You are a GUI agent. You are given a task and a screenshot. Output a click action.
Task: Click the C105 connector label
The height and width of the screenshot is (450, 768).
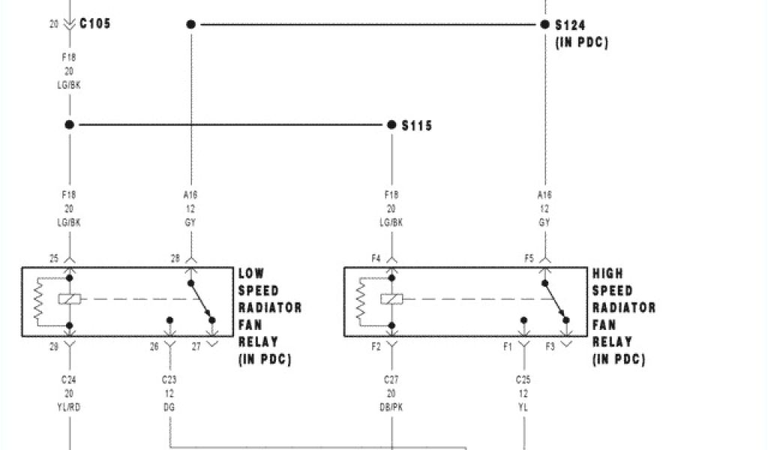[x=94, y=24]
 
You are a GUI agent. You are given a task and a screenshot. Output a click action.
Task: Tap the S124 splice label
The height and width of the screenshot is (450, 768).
[x=571, y=25]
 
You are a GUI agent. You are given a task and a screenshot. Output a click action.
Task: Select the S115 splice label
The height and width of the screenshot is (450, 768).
[x=417, y=126]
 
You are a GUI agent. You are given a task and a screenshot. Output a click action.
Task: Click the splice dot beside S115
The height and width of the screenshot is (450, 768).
[x=391, y=124]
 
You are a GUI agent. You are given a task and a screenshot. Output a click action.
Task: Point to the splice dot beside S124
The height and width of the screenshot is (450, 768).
[x=544, y=25]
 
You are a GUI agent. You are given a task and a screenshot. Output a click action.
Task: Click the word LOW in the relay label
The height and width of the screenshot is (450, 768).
[x=252, y=274]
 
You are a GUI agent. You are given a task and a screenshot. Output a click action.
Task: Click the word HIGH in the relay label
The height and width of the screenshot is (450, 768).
[x=607, y=274]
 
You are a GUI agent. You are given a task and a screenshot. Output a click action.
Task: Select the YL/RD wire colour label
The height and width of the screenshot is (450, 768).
[x=70, y=407]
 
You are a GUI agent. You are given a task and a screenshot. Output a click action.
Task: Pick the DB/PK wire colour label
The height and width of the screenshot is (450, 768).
[x=391, y=407]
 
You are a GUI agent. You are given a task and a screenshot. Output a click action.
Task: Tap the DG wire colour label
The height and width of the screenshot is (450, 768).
[x=170, y=407]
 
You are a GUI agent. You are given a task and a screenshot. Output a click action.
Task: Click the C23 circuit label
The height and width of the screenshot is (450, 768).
[x=170, y=379]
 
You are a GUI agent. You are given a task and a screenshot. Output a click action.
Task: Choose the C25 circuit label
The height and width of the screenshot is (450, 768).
[x=523, y=379]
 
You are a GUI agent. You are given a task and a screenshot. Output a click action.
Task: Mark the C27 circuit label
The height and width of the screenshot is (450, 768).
[x=391, y=379]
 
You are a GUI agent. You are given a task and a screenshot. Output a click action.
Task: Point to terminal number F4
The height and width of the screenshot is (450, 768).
[x=376, y=259]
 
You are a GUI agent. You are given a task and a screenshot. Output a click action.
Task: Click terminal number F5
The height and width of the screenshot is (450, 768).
[x=529, y=259]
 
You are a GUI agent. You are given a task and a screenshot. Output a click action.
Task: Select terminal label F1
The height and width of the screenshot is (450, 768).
[x=508, y=346]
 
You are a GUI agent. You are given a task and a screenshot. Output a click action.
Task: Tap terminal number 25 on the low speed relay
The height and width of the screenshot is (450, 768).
[x=54, y=259]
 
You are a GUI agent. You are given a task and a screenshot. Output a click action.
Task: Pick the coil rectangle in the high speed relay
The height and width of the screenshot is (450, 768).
[x=391, y=299]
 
